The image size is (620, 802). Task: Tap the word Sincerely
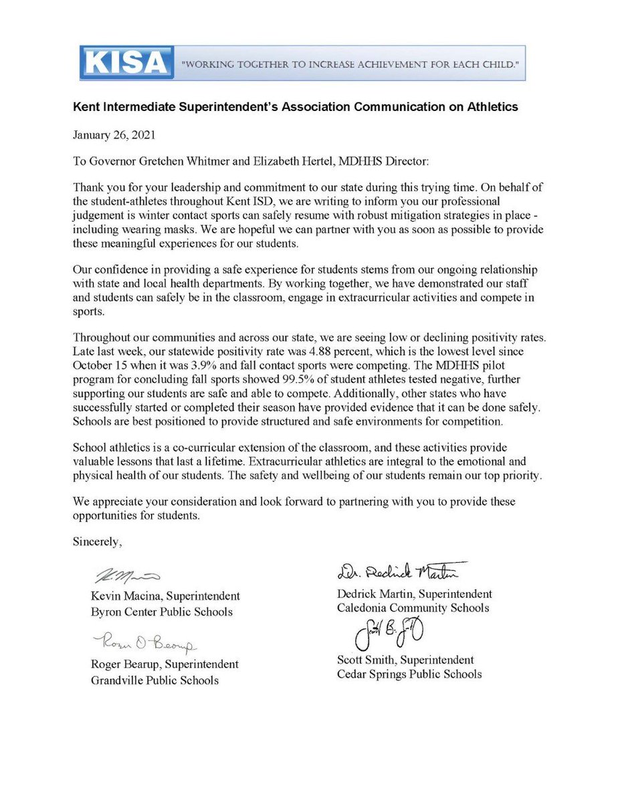[98, 542]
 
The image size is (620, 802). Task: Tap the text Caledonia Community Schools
[413, 608]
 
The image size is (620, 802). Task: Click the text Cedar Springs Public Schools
[409, 674]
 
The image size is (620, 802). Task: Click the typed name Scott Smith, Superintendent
[405, 660]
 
